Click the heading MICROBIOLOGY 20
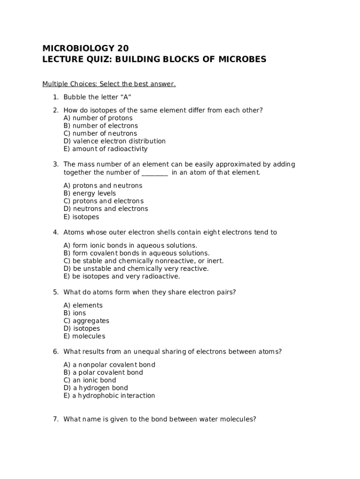(x=85, y=48)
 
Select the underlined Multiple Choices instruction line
(x=109, y=84)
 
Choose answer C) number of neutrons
(x=100, y=133)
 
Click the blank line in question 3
(x=154, y=173)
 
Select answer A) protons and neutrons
(x=103, y=186)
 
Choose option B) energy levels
(x=90, y=193)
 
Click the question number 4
(x=55, y=232)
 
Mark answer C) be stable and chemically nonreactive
(x=144, y=261)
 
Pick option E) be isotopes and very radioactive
(x=122, y=276)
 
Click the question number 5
(x=55, y=292)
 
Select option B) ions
(x=75, y=313)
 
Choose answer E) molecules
(x=84, y=336)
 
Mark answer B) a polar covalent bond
(x=103, y=372)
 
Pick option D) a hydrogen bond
(x=96, y=388)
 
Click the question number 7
(x=55, y=419)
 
